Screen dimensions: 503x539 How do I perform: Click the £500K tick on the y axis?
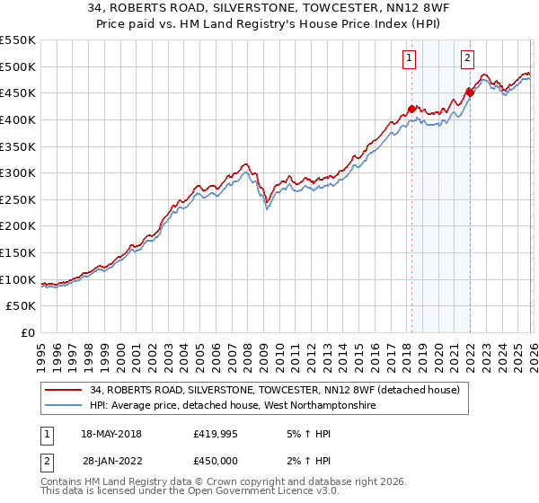[x=18, y=66]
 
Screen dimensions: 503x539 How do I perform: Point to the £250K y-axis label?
[x=18, y=199]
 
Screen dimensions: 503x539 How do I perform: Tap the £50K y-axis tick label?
[x=22, y=306]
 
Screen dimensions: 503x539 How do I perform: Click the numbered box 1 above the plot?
[x=410, y=59]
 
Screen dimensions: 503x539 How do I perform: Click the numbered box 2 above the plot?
[x=468, y=59]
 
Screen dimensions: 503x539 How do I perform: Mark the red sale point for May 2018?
[x=411, y=110]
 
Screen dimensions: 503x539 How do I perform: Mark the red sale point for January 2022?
[x=470, y=92]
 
